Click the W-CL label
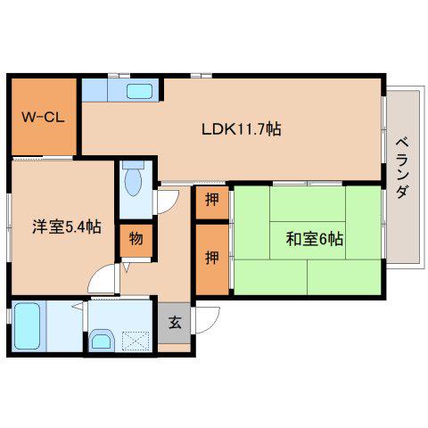click(43, 118)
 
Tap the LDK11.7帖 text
click(242, 129)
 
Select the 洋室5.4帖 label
click(67, 226)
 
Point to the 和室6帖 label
click(315, 239)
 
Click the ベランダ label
click(403, 168)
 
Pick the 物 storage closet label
click(136, 238)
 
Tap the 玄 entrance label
click(175, 323)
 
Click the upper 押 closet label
click(212, 200)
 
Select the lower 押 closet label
click(212, 258)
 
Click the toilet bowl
click(133, 181)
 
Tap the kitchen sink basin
click(139, 91)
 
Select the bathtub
click(28, 326)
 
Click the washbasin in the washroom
click(102, 340)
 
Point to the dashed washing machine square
click(136, 342)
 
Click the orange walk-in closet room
click(44, 117)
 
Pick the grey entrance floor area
click(174, 323)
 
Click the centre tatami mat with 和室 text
click(308, 240)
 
